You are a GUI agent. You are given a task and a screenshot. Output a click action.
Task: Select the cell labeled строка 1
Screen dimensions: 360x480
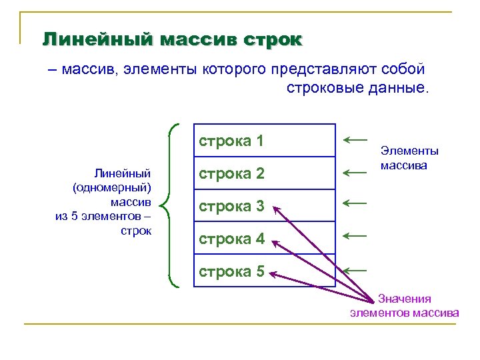(x=264, y=141)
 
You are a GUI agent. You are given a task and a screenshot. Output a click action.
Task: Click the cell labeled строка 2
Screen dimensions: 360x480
(x=264, y=173)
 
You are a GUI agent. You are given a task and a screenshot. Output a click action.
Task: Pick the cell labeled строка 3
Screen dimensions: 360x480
(x=264, y=206)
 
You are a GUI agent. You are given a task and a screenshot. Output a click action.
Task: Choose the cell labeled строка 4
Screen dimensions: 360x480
(x=264, y=238)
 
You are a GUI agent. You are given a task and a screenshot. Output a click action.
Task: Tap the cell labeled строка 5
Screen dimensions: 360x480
(x=264, y=271)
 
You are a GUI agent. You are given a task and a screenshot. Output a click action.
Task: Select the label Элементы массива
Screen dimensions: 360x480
(x=409, y=158)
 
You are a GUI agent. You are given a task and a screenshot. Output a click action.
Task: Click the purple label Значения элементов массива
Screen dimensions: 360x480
(x=404, y=306)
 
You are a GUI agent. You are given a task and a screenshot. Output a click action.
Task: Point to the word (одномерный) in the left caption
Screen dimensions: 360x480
(x=113, y=187)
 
